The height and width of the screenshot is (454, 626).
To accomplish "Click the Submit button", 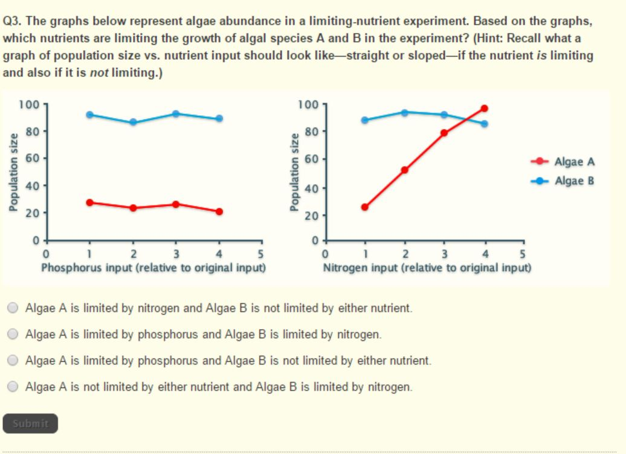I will (30, 423).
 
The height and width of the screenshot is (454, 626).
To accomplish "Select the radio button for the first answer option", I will (13, 308).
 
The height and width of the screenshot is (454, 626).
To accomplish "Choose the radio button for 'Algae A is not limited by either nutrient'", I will (13, 386).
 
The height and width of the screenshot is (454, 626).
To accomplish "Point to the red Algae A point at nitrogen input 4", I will (484, 109).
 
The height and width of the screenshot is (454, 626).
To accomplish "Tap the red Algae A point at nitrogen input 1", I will (364, 207).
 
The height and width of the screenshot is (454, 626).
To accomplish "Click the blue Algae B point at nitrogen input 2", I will (404, 112).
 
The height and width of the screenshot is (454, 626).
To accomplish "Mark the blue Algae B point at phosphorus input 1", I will (89, 115).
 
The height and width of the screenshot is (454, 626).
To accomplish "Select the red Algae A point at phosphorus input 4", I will (219, 211).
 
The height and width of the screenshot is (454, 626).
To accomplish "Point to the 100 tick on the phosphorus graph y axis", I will (28, 104).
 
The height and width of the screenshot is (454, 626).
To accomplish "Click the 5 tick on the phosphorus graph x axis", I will (262, 253).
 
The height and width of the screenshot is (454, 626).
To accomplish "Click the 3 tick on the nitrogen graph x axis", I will (444, 253).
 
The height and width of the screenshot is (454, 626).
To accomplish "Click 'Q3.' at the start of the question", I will (13, 20).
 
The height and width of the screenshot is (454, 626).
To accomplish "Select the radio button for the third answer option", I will (13, 360).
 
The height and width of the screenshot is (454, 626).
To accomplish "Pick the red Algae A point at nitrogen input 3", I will (444, 133).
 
